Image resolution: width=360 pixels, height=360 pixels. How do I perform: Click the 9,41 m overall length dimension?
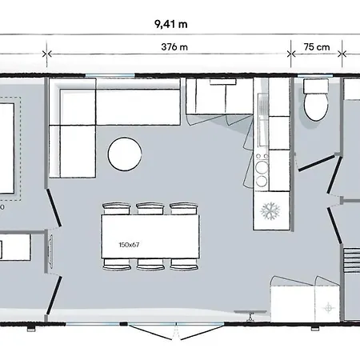point(171,24)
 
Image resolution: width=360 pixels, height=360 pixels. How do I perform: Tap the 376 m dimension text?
point(174,47)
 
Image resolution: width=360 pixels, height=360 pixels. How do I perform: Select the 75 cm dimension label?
point(317,47)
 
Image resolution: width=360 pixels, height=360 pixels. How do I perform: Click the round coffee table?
point(125,154)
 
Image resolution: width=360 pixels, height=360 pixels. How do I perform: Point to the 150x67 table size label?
point(129,245)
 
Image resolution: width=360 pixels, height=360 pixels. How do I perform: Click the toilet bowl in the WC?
point(316,107)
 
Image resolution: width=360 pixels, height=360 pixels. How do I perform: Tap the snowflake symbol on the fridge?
point(270,210)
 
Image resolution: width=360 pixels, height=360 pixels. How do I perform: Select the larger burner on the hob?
point(262,167)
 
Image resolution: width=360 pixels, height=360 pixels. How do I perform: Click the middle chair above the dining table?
point(150,209)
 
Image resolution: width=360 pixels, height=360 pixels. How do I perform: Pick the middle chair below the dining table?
point(150,264)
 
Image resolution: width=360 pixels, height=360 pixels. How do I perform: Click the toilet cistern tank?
point(316,86)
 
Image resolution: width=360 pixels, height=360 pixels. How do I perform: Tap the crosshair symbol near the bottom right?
point(329,308)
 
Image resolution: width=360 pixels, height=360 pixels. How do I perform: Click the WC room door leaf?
point(317,162)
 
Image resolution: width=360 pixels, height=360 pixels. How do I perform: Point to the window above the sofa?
point(110,76)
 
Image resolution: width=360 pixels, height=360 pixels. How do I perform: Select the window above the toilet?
point(315,76)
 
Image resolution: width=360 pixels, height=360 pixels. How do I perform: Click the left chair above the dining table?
point(117,209)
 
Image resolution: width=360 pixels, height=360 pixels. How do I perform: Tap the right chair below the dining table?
point(184,264)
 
